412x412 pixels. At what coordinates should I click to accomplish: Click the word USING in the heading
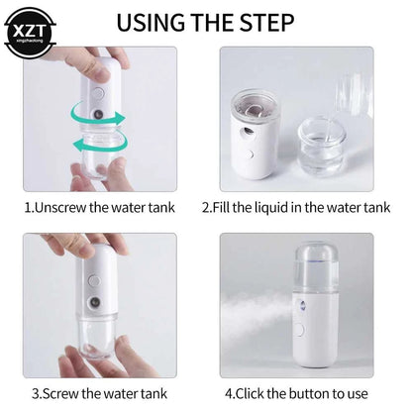pyautogui.click(x=150, y=21)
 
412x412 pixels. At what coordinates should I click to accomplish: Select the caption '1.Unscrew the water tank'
pyautogui.click(x=100, y=208)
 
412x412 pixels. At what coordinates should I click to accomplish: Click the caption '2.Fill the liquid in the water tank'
pyautogui.click(x=296, y=208)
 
